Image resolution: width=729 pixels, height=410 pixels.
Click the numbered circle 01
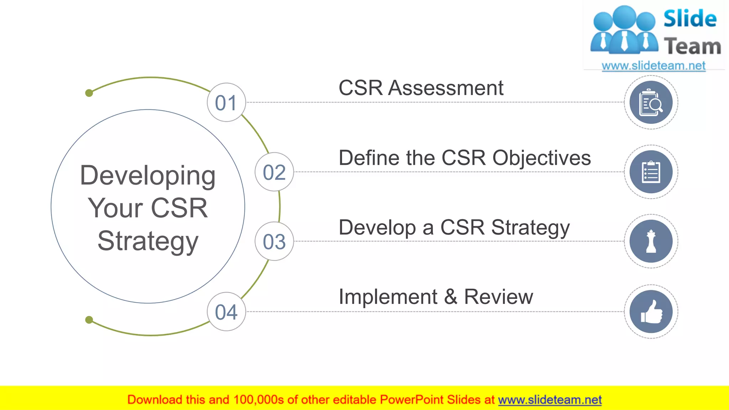coord(226,102)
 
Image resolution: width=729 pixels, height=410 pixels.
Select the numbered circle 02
coord(274,172)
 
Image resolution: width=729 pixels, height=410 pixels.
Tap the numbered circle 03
coord(274,241)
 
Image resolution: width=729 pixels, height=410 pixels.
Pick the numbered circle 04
coord(226,312)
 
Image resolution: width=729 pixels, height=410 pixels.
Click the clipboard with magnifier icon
coord(651,102)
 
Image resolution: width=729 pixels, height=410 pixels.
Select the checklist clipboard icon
coord(651,172)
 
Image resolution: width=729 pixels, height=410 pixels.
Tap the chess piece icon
coord(651,241)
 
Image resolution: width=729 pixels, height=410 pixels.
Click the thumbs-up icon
coord(651,312)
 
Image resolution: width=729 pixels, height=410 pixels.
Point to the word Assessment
coord(446,88)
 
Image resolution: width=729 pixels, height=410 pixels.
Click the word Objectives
coord(541,158)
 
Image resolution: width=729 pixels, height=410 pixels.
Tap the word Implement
coord(388,297)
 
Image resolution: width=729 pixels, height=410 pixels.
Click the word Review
coord(498,297)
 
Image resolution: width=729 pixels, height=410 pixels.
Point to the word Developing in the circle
coord(148,176)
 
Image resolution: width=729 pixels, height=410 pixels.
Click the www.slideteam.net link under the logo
coord(654,66)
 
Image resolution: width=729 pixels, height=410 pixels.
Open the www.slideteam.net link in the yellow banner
coord(550,400)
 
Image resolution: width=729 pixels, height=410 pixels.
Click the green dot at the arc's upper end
coord(89,93)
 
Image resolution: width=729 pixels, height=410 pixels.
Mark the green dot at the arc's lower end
coord(89,320)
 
